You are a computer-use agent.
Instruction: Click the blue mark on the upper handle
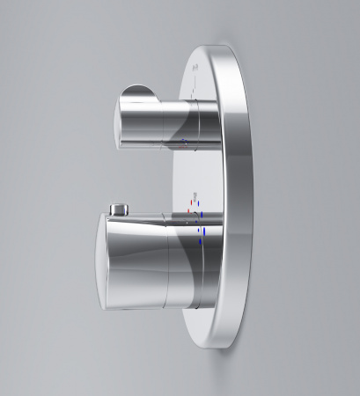click(183, 140)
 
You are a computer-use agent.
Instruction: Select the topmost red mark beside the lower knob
click(187, 213)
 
